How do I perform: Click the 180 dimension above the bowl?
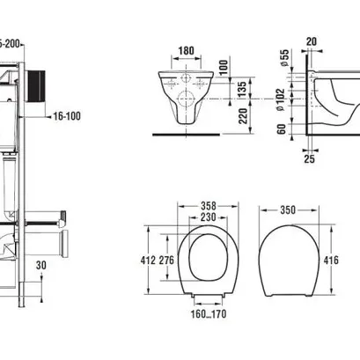coord(187,50)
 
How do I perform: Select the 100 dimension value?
coord(223,68)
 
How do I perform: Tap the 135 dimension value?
coord(242,89)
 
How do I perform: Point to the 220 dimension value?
coord(243,116)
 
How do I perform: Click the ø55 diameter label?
coord(284,57)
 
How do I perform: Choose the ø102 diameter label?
coord(280,99)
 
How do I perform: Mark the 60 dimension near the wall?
coord(281,129)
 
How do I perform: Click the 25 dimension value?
coord(309,158)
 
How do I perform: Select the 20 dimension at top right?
coord(312,41)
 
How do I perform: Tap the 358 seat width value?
coord(209,206)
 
